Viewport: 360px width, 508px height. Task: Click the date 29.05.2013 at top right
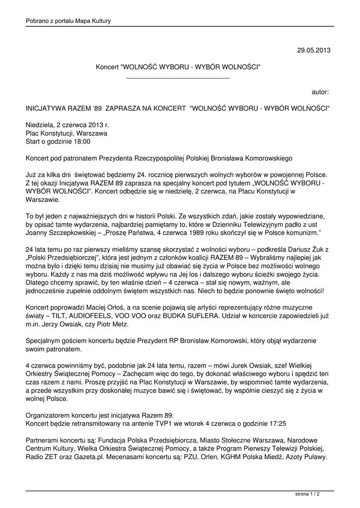click(x=313, y=50)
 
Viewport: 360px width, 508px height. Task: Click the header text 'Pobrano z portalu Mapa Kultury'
click(x=68, y=21)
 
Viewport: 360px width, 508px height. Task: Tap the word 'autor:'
click(x=320, y=92)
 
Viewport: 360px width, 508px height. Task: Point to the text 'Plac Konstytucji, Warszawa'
click(x=66, y=133)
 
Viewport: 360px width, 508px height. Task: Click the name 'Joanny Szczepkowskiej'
click(x=58, y=232)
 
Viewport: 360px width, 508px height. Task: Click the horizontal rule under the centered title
click(x=178, y=78)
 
